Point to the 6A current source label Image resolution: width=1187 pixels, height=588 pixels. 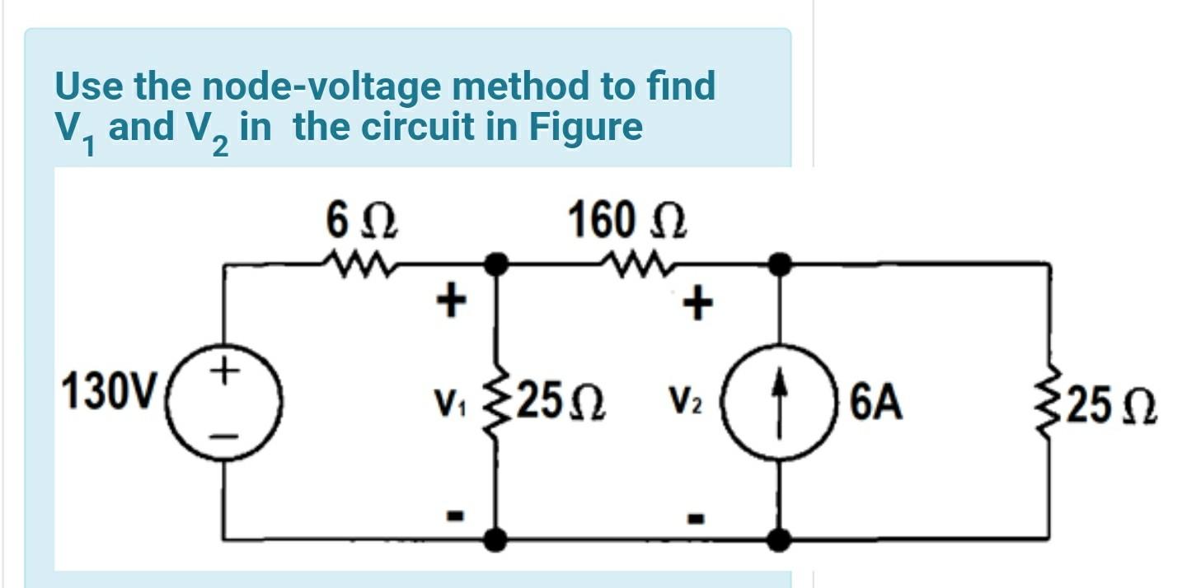click(876, 404)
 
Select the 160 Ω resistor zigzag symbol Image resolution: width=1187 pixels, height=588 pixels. click(636, 263)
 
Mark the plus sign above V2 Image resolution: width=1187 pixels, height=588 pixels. click(697, 305)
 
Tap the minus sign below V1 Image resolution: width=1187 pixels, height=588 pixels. click(453, 516)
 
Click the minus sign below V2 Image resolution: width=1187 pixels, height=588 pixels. click(697, 518)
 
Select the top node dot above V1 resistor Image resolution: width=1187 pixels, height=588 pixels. click(495, 264)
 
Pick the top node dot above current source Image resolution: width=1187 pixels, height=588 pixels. click(779, 264)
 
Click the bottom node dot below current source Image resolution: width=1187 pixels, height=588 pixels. click(779, 539)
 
